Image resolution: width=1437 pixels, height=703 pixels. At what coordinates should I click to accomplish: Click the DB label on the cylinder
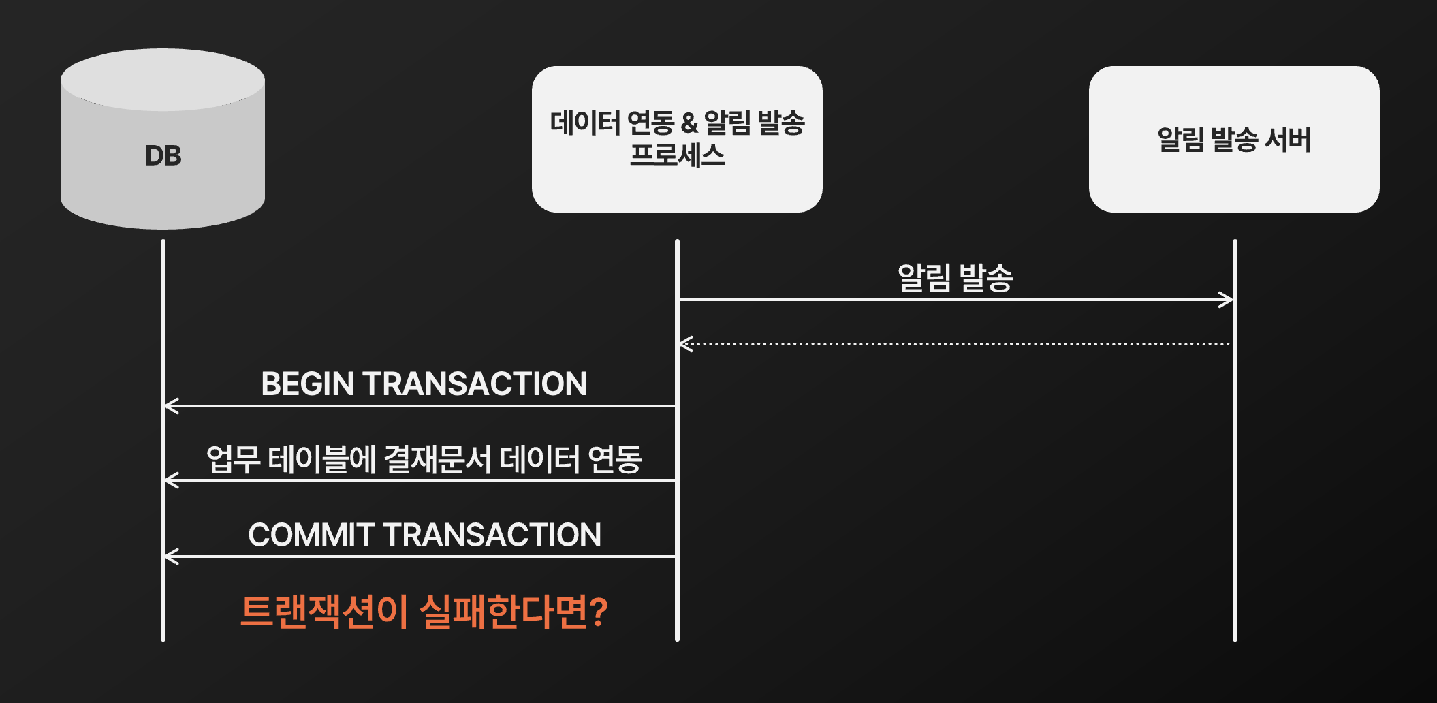tap(163, 156)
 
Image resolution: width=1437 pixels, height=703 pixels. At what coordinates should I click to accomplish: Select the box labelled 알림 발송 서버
tap(1233, 139)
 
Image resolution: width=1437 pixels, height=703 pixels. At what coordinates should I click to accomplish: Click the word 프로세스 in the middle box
tap(677, 155)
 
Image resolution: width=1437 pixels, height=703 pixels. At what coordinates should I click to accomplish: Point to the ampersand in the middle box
tap(689, 123)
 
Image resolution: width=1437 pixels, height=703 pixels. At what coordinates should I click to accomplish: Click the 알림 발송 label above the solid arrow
tap(956, 278)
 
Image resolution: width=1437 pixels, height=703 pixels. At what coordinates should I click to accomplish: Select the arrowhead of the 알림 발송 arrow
tap(1227, 300)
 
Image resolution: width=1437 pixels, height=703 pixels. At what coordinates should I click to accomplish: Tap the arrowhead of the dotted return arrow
tap(685, 344)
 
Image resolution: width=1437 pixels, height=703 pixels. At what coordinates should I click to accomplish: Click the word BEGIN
tap(308, 384)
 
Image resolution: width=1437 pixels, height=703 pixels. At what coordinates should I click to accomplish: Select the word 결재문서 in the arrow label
tap(437, 459)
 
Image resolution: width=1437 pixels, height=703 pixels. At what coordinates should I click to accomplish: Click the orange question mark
tap(599, 612)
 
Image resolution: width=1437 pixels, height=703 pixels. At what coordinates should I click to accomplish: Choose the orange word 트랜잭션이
tap(324, 612)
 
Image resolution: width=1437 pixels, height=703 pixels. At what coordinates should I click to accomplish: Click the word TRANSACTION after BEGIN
tap(475, 384)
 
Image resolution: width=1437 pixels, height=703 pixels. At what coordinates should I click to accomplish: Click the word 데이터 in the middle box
tap(585, 123)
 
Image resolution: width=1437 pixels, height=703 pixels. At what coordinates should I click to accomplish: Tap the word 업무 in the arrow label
tap(233, 459)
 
